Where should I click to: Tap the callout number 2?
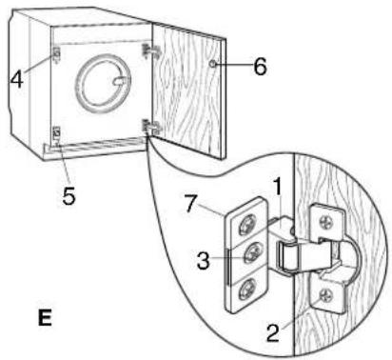(x=273, y=332)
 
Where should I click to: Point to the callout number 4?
(x=17, y=79)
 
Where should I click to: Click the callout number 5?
(x=69, y=195)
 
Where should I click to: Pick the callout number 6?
(x=260, y=67)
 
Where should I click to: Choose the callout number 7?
(x=190, y=203)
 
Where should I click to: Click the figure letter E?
(x=45, y=317)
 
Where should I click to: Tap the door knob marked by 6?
(x=213, y=65)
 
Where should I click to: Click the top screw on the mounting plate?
(x=247, y=226)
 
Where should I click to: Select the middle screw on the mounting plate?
(x=252, y=253)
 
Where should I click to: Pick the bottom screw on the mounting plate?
(x=246, y=289)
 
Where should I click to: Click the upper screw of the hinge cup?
(x=325, y=222)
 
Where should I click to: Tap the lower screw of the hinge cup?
(x=326, y=294)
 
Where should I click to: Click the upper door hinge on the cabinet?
(x=150, y=50)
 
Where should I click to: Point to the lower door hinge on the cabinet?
(x=151, y=127)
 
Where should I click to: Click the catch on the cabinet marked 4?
(x=56, y=54)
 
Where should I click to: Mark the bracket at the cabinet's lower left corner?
(x=56, y=135)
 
